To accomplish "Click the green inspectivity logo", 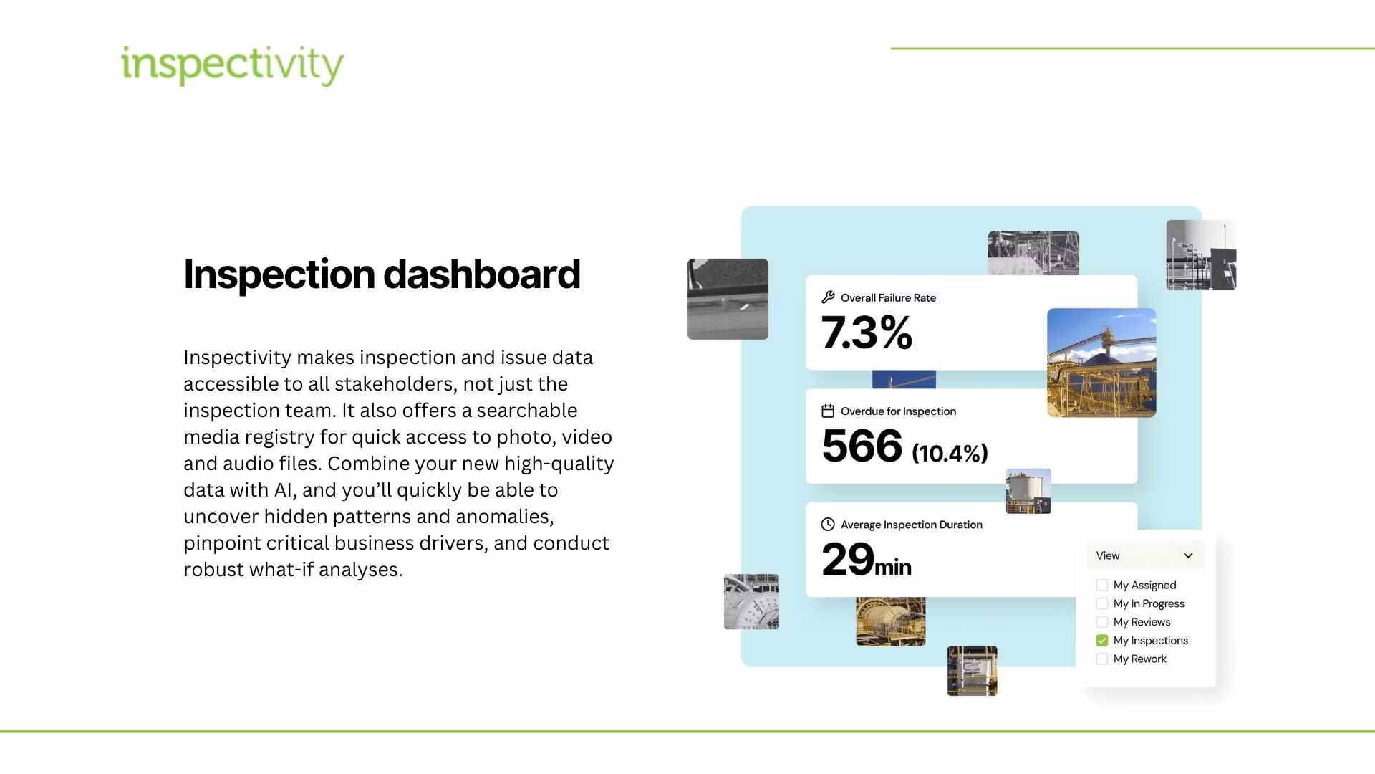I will pos(232,65).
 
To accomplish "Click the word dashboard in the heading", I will pos(481,274).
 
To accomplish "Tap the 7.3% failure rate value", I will pos(867,333).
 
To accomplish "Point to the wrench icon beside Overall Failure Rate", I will pos(828,297).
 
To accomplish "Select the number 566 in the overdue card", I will pos(862,446).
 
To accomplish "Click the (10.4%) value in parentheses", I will pos(950,453).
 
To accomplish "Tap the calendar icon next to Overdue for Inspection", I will pos(828,411).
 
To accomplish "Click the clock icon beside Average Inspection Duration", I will pos(828,525).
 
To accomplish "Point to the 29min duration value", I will pos(866,560).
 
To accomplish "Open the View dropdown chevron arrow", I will pos(1188,555).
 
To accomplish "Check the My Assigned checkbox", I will pos(1102,586).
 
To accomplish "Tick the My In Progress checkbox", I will pos(1102,604).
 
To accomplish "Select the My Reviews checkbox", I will pos(1102,622).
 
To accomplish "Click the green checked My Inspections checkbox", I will pos(1102,641).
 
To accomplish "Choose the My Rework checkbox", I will pos(1102,659).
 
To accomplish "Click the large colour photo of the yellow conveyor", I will pos(1101,363).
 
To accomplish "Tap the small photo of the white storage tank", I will pos(1028,492).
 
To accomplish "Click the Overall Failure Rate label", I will pos(888,298).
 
